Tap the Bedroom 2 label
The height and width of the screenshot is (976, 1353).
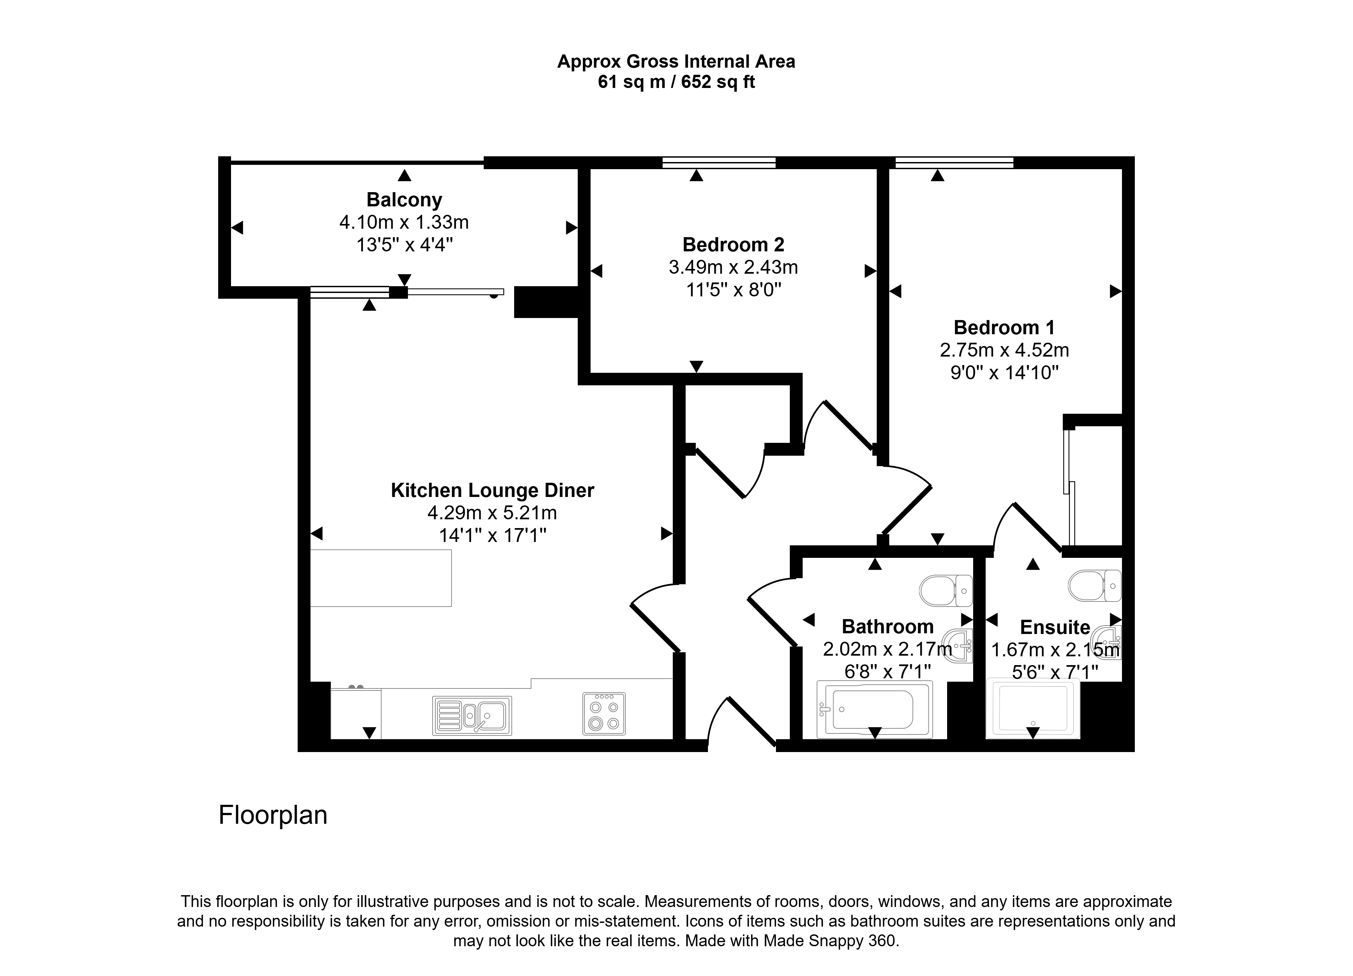[733, 245]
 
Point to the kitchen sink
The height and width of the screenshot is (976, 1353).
[472, 716]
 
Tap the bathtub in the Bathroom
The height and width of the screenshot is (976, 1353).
[874, 710]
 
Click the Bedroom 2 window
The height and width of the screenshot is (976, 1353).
[719, 162]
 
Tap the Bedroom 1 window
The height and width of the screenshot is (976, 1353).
[955, 162]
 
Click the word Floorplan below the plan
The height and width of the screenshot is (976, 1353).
[273, 815]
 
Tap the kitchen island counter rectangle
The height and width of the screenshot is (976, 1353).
[381, 578]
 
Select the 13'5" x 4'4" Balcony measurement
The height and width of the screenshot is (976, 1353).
[405, 245]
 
